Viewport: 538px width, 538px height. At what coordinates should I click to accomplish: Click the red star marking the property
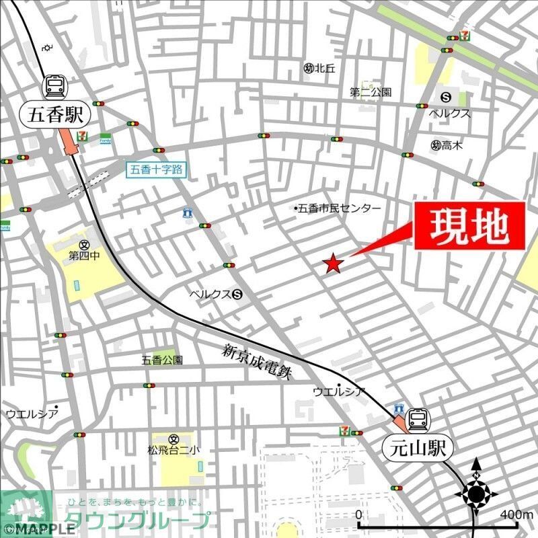(x=333, y=264)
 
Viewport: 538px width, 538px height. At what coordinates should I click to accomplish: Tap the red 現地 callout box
(x=468, y=227)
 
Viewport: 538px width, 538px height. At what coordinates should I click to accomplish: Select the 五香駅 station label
(x=56, y=114)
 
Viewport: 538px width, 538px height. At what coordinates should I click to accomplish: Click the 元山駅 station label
(x=416, y=447)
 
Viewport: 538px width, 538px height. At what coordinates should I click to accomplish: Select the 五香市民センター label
(x=338, y=208)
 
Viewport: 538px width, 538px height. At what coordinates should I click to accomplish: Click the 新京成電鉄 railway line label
(x=257, y=362)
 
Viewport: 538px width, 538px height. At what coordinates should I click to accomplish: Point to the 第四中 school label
(x=83, y=256)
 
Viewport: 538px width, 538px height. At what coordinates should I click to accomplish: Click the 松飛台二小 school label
(x=173, y=450)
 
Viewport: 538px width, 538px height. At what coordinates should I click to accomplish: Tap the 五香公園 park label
(x=161, y=360)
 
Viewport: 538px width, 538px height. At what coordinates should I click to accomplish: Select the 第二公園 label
(x=370, y=92)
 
